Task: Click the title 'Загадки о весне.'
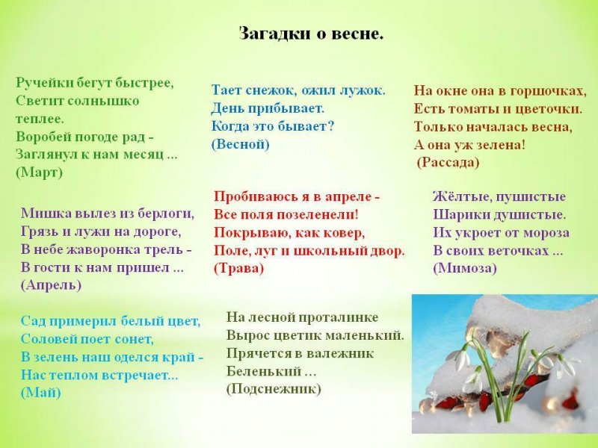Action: coord(311,34)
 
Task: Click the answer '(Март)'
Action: coord(39,172)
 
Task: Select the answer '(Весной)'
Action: coord(240,144)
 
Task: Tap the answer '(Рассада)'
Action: coord(448,163)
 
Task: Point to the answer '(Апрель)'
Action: coord(51,285)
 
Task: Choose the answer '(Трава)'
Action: coord(238,269)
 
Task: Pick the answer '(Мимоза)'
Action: coord(465,268)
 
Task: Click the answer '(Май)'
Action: coord(41,393)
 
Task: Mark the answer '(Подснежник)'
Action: coord(274,388)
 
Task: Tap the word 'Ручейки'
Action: coord(44,83)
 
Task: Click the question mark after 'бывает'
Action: coord(330,126)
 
